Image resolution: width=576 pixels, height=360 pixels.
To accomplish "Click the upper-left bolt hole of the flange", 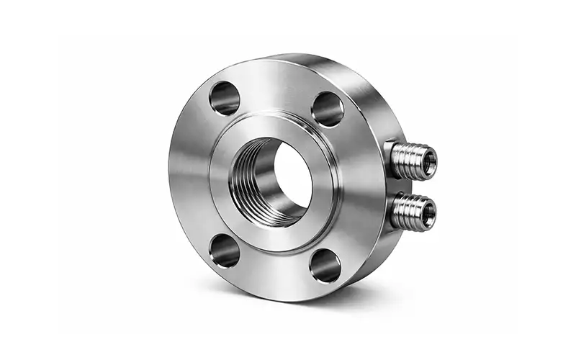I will [x=224, y=98].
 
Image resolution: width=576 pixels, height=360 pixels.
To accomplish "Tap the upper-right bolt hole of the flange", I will [x=328, y=109].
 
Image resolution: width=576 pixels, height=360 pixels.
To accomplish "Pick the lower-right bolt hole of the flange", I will [x=325, y=264].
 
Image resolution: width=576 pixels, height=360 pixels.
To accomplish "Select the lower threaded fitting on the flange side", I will [x=413, y=212].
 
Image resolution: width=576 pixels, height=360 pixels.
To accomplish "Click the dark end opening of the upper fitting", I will [x=429, y=161].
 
